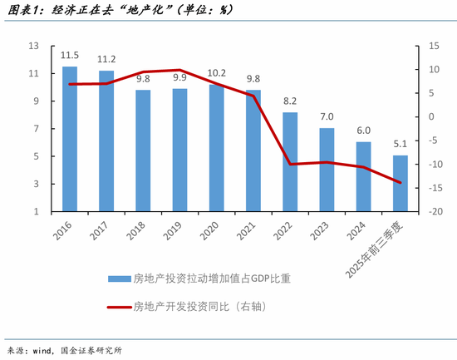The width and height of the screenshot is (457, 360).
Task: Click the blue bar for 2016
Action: [70, 139]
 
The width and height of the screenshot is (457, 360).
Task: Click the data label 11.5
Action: [70, 55]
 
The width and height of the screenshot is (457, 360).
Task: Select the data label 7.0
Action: [327, 117]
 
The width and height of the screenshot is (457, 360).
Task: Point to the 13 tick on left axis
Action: [32, 46]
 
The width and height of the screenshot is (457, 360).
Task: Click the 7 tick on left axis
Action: [35, 129]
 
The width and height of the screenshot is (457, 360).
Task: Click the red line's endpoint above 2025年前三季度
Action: [400, 182]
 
